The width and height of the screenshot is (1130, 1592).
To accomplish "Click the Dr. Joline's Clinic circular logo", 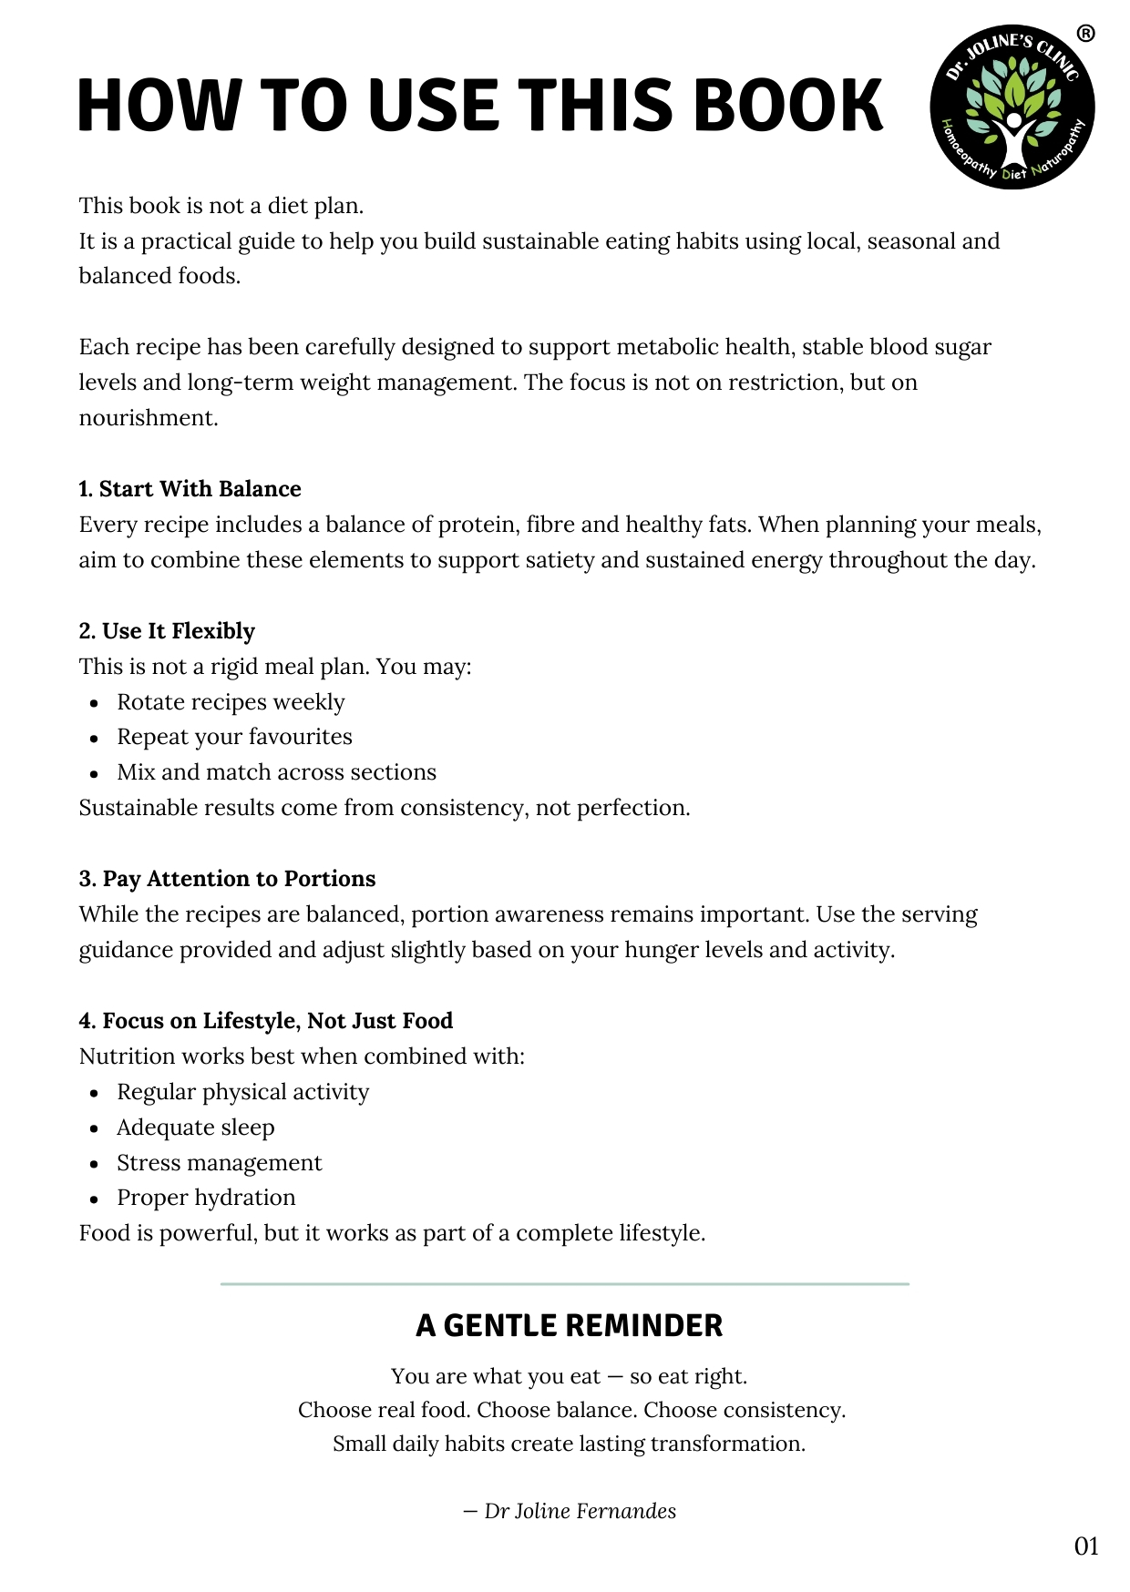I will click(1012, 107).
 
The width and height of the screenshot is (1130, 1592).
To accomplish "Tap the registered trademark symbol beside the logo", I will click(1085, 34).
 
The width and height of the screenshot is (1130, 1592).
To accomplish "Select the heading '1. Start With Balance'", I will click(190, 489).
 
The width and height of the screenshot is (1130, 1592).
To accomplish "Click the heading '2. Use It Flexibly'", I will click(167, 631).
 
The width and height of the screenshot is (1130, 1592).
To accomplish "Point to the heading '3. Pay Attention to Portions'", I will click(227, 879).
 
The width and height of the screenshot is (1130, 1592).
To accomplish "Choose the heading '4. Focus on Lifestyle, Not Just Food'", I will click(266, 1021).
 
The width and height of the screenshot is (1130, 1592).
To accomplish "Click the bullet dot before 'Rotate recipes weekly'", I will click(94, 703).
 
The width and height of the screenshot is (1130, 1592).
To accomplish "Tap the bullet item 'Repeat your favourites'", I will click(234, 737).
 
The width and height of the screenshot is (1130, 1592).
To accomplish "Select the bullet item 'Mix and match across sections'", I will click(276, 772).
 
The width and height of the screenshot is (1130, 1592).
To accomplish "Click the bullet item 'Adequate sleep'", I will click(195, 1128).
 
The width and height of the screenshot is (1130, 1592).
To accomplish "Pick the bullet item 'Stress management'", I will click(219, 1163).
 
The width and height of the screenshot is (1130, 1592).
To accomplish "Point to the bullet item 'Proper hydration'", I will click(206, 1198).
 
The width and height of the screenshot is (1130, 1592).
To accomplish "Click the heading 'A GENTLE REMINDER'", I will click(569, 1325).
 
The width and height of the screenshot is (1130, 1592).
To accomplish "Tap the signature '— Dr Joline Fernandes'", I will click(570, 1511).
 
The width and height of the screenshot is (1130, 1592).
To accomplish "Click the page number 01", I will click(1086, 1546).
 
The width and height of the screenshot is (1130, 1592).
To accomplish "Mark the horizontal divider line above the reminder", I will click(565, 1284).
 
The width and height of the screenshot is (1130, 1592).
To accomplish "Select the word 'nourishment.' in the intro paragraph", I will click(149, 418).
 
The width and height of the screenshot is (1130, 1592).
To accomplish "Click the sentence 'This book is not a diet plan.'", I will click(221, 206).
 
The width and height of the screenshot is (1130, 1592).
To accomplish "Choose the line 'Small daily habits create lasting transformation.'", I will click(569, 1444).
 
